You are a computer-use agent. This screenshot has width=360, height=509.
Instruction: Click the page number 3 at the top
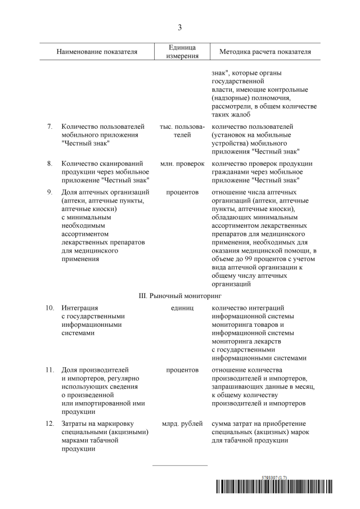click(x=180, y=27)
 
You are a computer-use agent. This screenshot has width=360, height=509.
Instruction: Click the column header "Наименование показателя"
click(x=97, y=52)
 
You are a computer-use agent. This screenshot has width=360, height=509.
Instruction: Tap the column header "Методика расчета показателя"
click(x=261, y=52)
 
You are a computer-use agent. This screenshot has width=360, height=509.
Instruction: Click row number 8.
click(x=50, y=163)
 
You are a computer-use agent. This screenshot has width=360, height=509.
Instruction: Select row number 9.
click(x=50, y=192)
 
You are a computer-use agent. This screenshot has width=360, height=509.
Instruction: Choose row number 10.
click(x=49, y=308)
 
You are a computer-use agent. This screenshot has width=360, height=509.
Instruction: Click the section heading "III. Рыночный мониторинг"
click(x=180, y=294)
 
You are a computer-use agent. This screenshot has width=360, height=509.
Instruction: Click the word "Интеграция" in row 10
click(x=80, y=308)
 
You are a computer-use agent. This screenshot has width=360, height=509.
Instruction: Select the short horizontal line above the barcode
click(x=180, y=465)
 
